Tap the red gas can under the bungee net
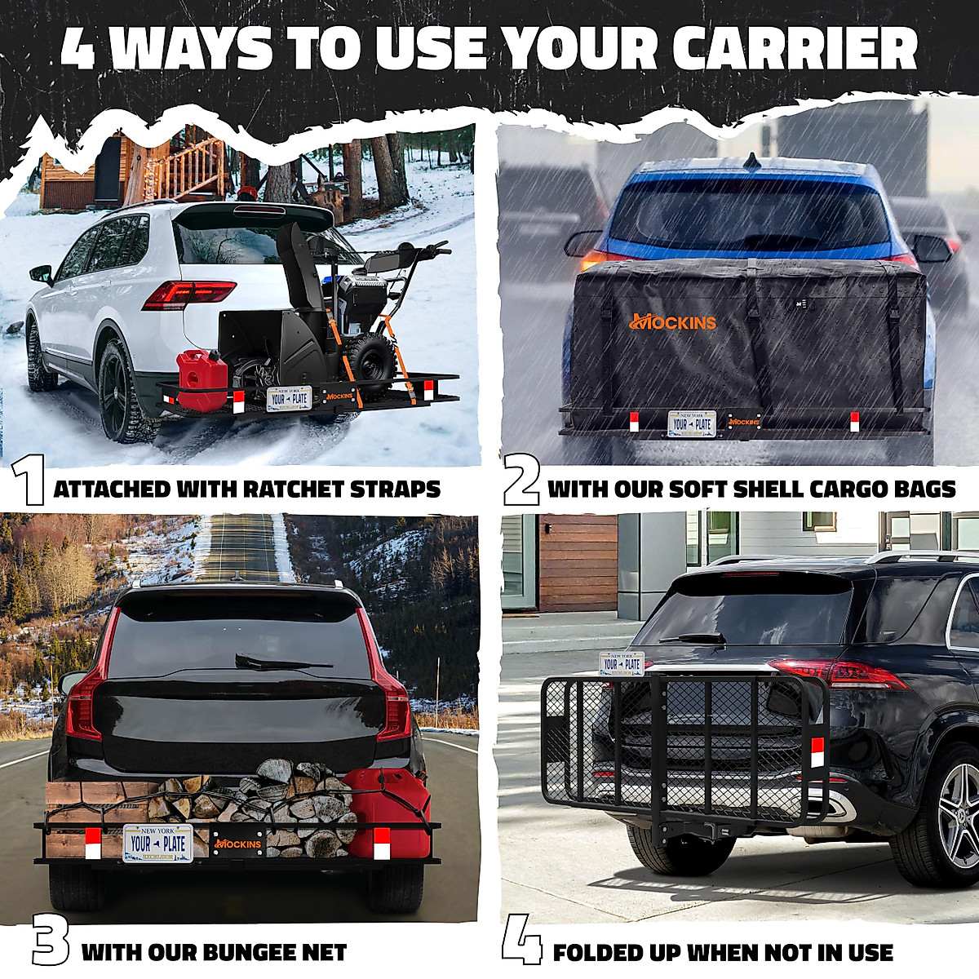(x=386, y=811)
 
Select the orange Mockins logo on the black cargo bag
(x=673, y=321)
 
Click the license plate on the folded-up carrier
(x=622, y=663)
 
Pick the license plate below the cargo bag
(x=692, y=423)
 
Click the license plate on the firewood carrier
(x=157, y=844)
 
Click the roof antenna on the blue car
(x=751, y=162)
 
